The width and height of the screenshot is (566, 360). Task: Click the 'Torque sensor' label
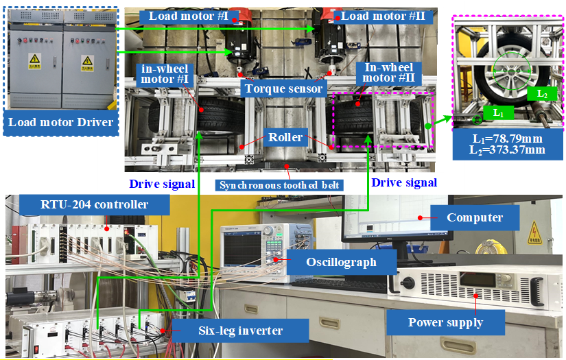(x=281, y=88)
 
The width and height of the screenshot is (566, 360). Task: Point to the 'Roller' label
(x=285, y=137)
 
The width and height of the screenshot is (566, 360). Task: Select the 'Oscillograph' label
(x=331, y=262)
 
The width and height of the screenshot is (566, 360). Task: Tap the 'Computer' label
(x=475, y=217)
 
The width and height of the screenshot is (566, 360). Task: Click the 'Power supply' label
(x=445, y=322)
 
